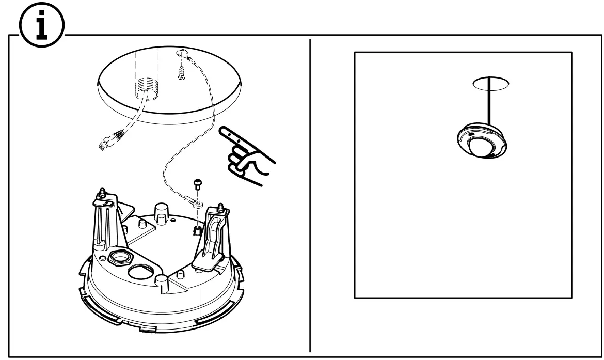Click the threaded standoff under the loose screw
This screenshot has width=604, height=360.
click(x=197, y=230)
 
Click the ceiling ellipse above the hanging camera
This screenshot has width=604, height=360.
click(x=491, y=82)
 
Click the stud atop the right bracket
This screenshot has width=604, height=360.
click(x=221, y=207)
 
